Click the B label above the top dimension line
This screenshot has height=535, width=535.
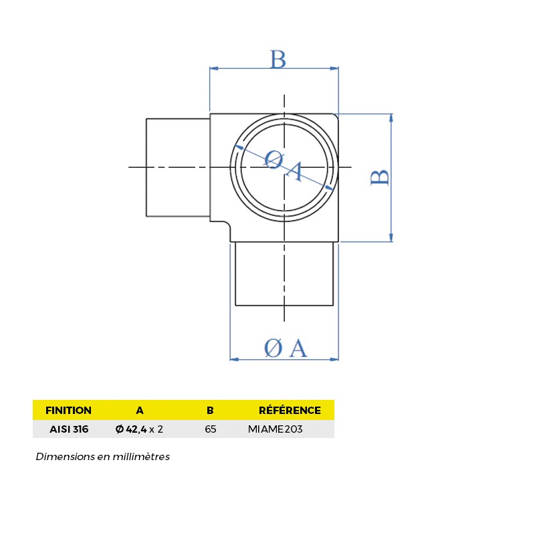(278, 59)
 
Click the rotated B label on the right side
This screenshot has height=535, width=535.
(380, 177)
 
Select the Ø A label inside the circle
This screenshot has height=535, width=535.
(284, 165)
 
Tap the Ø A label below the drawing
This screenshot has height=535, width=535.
(285, 348)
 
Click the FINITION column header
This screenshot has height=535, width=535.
(68, 410)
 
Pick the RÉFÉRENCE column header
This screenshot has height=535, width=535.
(290, 410)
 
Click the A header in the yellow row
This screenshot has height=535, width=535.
(139, 410)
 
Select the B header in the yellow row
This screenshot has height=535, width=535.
(210, 410)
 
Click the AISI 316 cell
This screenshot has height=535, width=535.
(68, 429)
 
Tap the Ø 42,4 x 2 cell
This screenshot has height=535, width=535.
(139, 429)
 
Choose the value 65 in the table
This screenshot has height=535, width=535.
(210, 429)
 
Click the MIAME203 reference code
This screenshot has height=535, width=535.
(275, 429)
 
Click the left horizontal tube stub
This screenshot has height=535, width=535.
(178, 167)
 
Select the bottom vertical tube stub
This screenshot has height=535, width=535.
(284, 274)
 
